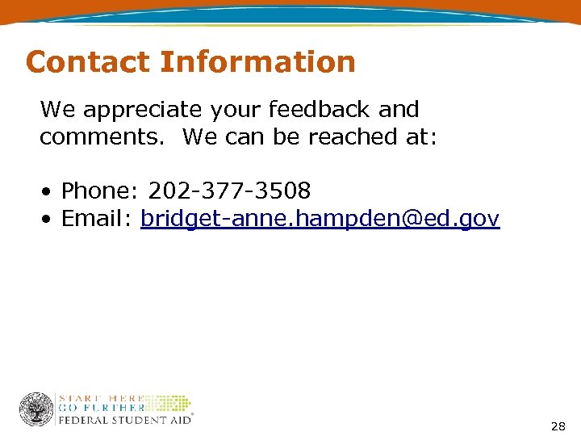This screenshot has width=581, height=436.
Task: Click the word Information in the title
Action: [x=257, y=62]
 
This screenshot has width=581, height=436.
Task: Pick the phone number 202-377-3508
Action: [x=229, y=191]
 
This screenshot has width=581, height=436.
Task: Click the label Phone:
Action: [x=100, y=191]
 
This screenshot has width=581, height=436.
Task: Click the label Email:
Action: [x=97, y=219]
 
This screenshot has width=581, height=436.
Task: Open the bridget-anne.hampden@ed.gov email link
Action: [x=320, y=219]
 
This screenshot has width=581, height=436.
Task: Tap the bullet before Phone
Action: [x=49, y=192]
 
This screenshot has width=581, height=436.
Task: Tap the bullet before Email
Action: [x=49, y=220]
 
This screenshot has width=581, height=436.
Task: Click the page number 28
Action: [x=558, y=426]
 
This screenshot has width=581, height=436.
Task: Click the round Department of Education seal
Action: [x=36, y=409]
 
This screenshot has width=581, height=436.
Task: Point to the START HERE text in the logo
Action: [x=101, y=398]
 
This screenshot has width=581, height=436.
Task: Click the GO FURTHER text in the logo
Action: [x=101, y=408]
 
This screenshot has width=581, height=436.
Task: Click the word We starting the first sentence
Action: [x=57, y=110]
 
